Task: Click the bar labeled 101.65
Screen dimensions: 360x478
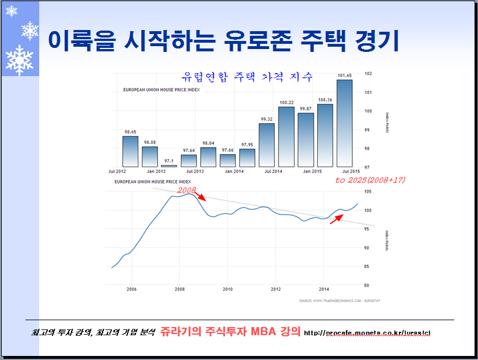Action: pos(344,123)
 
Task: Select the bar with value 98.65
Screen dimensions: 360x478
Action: pos(130,151)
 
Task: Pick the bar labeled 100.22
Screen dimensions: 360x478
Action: pos(286,137)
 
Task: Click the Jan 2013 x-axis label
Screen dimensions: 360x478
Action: pos(156,171)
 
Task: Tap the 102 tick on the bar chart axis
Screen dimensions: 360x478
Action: pos(368,73)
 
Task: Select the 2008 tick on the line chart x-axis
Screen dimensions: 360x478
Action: pos(179,289)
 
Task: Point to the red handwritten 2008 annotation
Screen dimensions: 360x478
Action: pos(187,189)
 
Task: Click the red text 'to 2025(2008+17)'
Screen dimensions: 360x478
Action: pos(371,181)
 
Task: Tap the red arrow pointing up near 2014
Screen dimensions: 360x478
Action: pos(337,218)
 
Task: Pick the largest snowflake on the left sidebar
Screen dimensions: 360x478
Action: pos(19,59)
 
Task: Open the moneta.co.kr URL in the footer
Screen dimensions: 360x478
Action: pos(367,333)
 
